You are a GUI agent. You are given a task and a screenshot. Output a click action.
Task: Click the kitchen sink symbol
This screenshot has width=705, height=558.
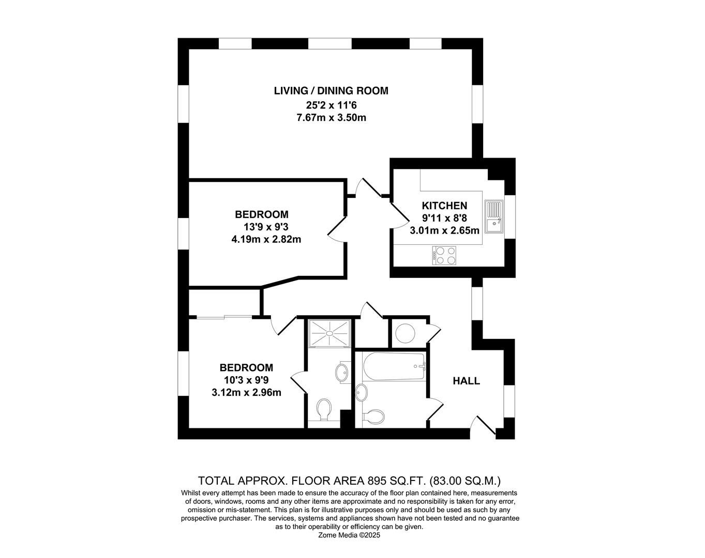[x=494, y=217]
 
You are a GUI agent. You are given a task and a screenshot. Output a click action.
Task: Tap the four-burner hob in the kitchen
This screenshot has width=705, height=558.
[x=444, y=255]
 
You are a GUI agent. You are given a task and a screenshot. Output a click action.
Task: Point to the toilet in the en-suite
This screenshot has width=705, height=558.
[x=324, y=409]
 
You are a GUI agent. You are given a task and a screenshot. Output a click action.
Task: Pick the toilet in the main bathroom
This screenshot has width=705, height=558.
[x=374, y=415]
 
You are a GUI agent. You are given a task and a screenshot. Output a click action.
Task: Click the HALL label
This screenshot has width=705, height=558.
[x=466, y=381]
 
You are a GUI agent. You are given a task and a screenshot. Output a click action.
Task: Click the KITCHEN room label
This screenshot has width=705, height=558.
[x=444, y=206]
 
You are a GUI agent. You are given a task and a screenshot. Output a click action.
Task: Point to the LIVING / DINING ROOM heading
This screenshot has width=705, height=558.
[x=331, y=91]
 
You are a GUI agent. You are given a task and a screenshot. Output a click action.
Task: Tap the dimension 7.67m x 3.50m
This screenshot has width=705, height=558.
[x=331, y=118]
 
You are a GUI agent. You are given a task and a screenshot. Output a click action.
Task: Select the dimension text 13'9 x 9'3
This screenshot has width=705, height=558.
[x=266, y=227]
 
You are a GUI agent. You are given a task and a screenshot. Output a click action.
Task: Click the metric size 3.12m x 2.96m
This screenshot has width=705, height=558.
[x=246, y=393]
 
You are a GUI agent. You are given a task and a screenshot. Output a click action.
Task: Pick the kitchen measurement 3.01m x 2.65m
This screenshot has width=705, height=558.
[x=444, y=230]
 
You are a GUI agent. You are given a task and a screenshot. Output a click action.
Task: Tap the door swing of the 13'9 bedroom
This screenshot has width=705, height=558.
[x=337, y=228]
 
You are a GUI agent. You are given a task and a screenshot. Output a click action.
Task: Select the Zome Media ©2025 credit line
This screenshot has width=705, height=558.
[x=350, y=536]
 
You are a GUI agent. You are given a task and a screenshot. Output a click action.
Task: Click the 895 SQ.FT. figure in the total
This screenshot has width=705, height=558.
[x=397, y=481]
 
